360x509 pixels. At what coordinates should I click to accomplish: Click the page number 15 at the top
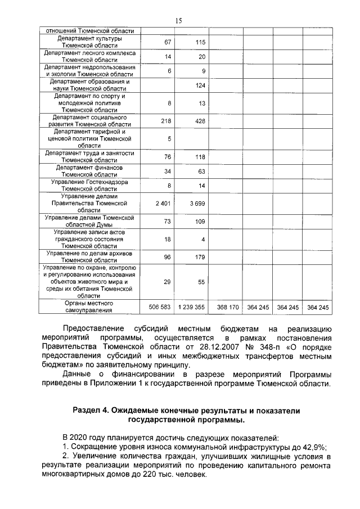pos(179,20)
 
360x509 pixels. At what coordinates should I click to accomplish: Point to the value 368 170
pos(228,307)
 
